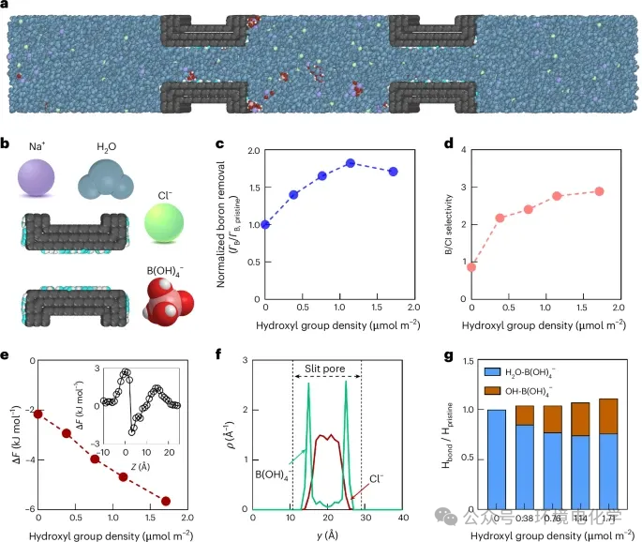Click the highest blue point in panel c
click(350, 163)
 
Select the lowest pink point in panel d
click(471, 266)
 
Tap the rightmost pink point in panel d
click(599, 191)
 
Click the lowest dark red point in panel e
click(166, 501)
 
